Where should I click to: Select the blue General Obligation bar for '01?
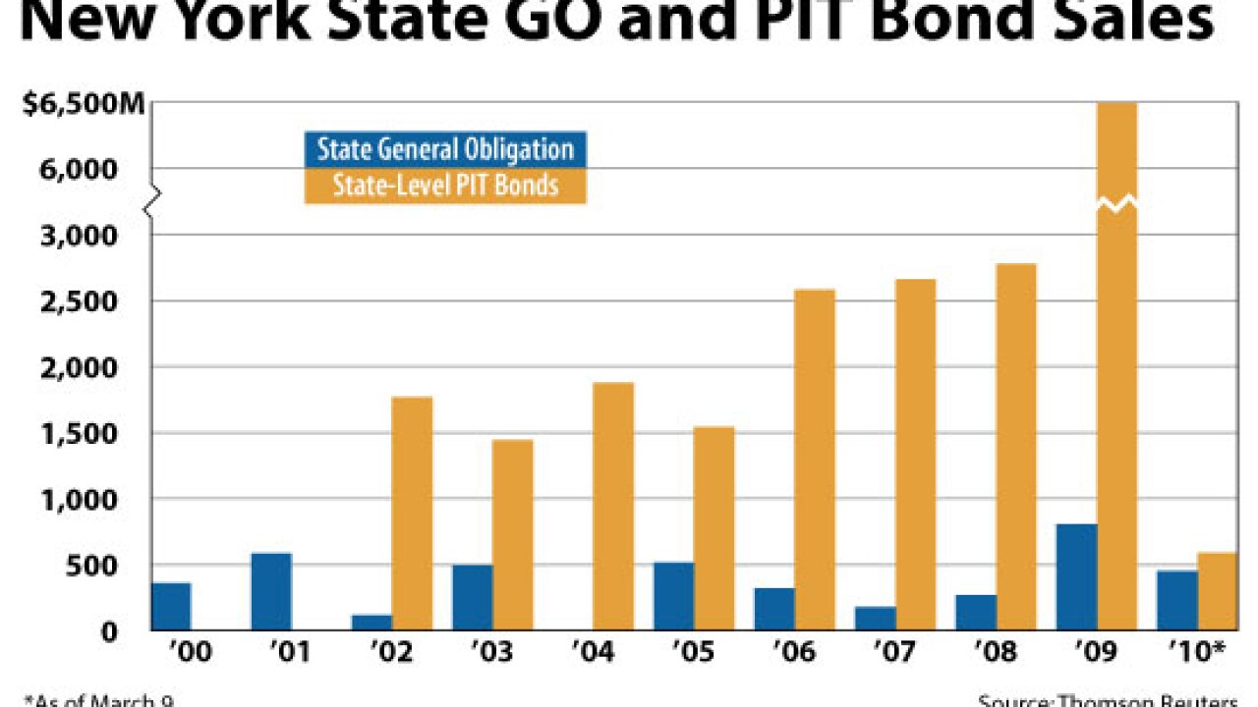coord(271,592)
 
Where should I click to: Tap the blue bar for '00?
coord(171,607)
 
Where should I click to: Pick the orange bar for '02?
coord(412,514)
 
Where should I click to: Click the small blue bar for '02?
coord(372,623)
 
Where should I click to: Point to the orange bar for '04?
coord(613,507)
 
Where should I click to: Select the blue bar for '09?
coord(1076,577)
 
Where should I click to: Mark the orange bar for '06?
coord(815,460)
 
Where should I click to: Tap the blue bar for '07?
coord(876,619)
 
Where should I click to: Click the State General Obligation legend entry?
coord(445,149)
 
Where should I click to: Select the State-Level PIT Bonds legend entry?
coord(445,185)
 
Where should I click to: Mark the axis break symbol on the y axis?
coord(150,203)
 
